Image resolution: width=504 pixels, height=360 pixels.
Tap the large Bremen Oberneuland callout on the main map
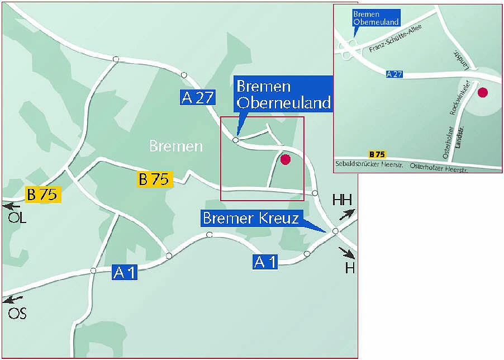283,94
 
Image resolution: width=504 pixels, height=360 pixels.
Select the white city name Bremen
175,146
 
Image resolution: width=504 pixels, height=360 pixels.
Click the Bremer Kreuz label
251,217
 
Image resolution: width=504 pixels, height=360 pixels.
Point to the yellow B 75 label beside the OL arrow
44,195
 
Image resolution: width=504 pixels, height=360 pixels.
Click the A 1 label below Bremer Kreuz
265,262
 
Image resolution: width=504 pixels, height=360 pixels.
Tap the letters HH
342,200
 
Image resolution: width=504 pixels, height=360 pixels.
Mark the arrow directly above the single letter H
348,253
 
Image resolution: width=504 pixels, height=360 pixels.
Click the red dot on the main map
286,159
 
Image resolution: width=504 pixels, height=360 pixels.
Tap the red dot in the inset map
482,92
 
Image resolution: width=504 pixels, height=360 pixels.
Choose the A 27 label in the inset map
394,74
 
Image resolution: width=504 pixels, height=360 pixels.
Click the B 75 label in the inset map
377,154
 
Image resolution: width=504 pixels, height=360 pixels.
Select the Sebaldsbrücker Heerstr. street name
369,165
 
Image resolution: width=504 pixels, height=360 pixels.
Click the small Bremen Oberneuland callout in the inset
375,18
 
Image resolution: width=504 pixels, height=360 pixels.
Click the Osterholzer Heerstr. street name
438,166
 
